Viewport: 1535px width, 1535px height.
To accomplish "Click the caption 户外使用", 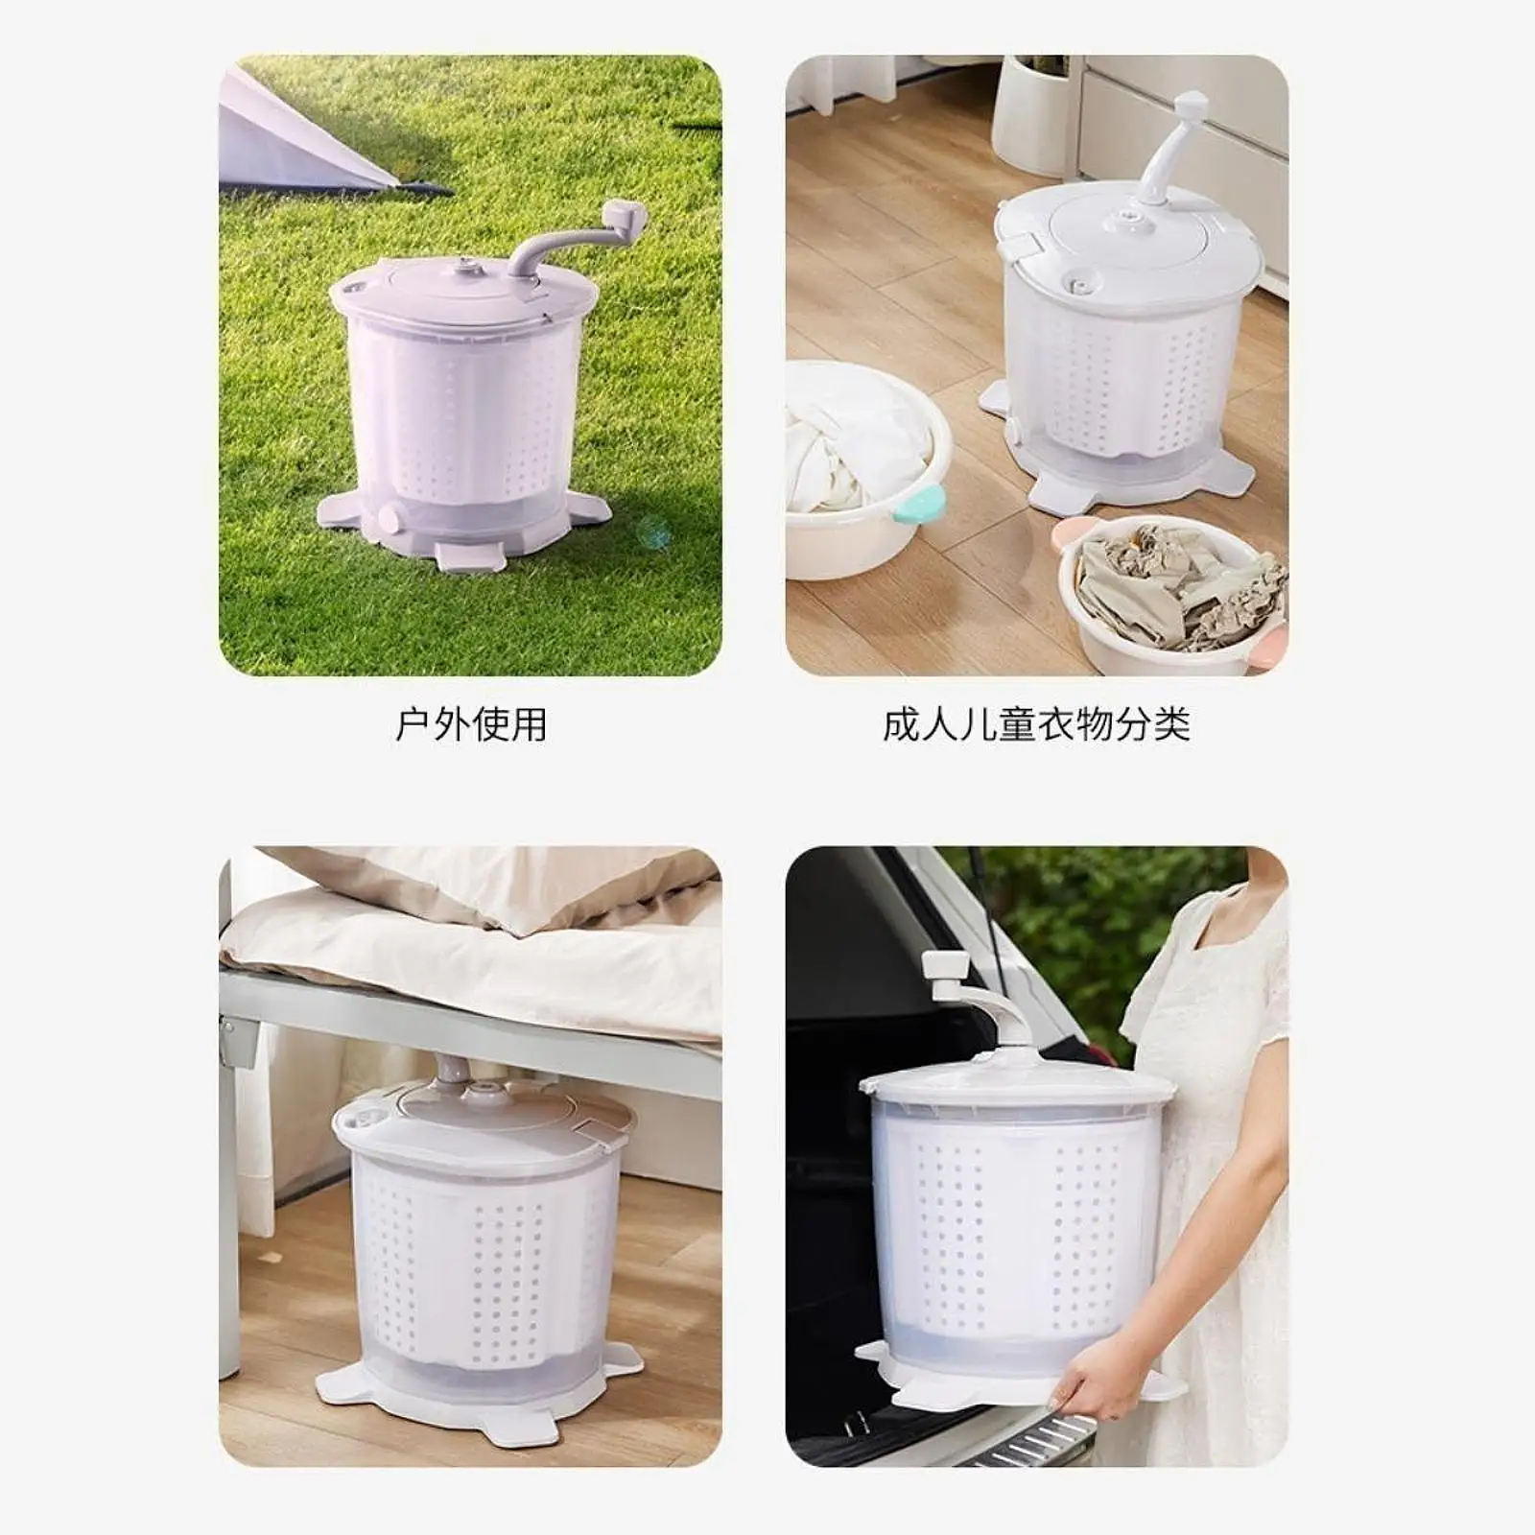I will pyautogui.click(x=471, y=724).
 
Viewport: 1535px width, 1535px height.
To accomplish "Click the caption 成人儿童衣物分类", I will pyautogui.click(x=1036, y=724).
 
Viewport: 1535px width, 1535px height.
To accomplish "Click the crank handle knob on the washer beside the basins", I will pyautogui.click(x=1190, y=104).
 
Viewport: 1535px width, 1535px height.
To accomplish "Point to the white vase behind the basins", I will pyautogui.click(x=1031, y=115).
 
